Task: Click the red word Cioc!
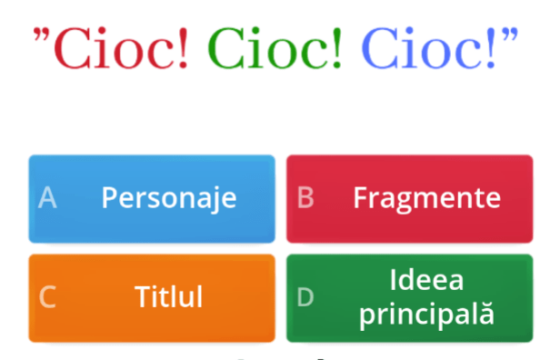click(x=121, y=47)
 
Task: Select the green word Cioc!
click(x=275, y=47)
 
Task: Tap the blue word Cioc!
click(x=428, y=47)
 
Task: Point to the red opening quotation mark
click(x=42, y=35)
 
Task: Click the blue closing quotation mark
click(x=510, y=35)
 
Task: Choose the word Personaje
click(x=169, y=198)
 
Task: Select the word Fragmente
click(x=427, y=198)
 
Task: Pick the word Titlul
click(x=169, y=297)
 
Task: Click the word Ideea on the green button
click(x=427, y=280)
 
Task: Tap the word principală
click(x=427, y=315)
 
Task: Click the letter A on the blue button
click(x=47, y=198)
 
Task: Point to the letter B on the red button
click(x=305, y=198)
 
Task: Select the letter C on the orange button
click(x=47, y=297)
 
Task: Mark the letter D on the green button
click(x=305, y=297)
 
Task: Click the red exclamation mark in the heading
click(x=183, y=47)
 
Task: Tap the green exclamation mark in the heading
click(x=336, y=47)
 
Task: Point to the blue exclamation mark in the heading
click(x=490, y=47)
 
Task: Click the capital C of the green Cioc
click(x=225, y=47)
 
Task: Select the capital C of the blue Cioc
click(x=379, y=47)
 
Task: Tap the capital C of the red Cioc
click(x=72, y=47)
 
